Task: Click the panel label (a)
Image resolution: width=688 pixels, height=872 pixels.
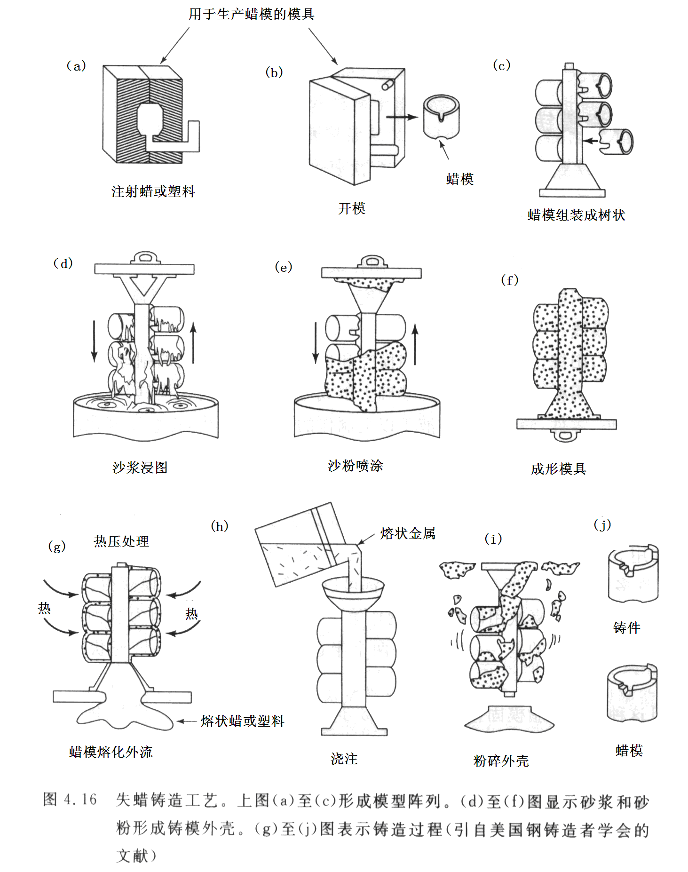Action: tap(76, 66)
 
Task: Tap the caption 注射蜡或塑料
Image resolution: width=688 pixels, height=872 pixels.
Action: tap(153, 191)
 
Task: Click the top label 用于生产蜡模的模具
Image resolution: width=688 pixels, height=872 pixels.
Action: tap(251, 14)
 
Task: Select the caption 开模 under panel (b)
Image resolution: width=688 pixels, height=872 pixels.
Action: tap(351, 208)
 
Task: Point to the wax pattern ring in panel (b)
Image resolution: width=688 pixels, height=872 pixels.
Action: tap(441, 117)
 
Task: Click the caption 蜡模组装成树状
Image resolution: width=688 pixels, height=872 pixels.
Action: tap(576, 215)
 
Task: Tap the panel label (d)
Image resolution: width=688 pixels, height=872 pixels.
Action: tap(63, 263)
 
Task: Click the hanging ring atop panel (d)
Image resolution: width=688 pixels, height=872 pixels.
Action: tap(145, 258)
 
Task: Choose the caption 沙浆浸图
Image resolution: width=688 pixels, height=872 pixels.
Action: tap(140, 467)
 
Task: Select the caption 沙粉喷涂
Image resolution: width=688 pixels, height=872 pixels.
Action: tap(355, 466)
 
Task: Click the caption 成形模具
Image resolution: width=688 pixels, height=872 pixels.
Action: tap(558, 469)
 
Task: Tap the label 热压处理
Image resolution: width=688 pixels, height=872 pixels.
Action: tap(121, 541)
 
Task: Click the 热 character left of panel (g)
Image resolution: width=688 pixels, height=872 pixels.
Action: tap(44, 608)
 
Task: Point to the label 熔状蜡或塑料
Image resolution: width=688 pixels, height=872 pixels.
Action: tap(242, 721)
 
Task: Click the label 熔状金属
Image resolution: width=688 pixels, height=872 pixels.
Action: tap(408, 533)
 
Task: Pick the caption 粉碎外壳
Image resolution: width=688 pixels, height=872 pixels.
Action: tap(501, 761)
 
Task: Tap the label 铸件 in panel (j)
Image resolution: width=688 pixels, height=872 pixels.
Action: tap(626, 627)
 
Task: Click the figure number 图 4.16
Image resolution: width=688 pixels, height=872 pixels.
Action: tap(70, 799)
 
